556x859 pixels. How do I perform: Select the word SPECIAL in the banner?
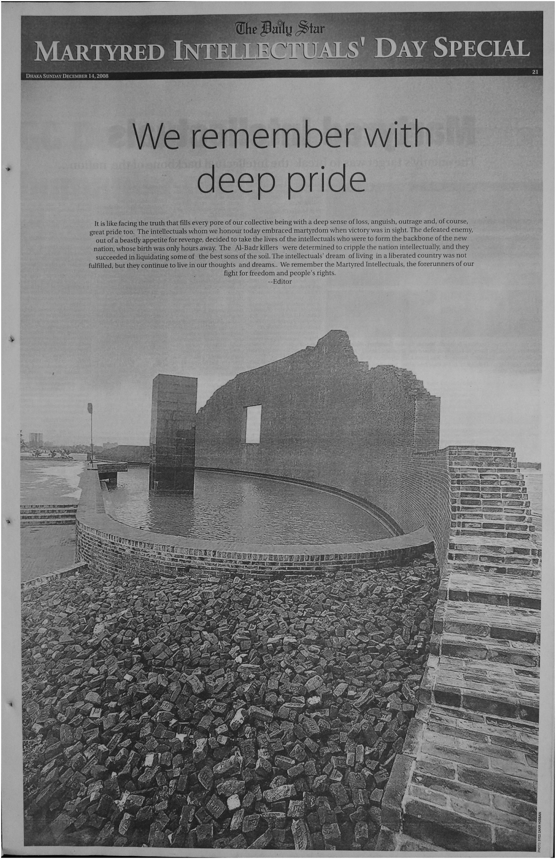481,49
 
